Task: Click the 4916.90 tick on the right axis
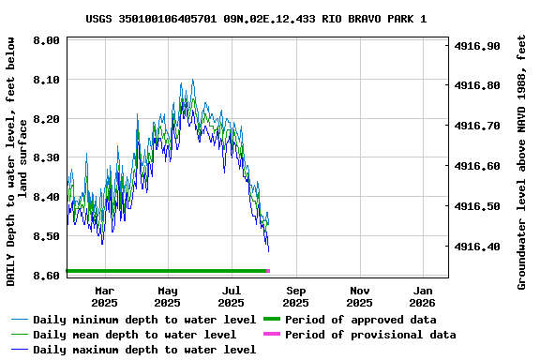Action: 478,46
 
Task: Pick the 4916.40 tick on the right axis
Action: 478,247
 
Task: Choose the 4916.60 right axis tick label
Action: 478,166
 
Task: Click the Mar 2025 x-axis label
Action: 104,296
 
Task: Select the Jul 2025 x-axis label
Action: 232,296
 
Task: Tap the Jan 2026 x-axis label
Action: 423,296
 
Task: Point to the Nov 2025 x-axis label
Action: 359,296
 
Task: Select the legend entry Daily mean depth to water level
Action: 134,335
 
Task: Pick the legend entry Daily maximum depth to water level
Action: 144,350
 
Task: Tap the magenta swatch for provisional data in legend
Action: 272,335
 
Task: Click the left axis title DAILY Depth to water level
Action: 16,161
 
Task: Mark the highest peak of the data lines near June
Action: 192,81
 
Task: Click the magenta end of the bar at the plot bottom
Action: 268,271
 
